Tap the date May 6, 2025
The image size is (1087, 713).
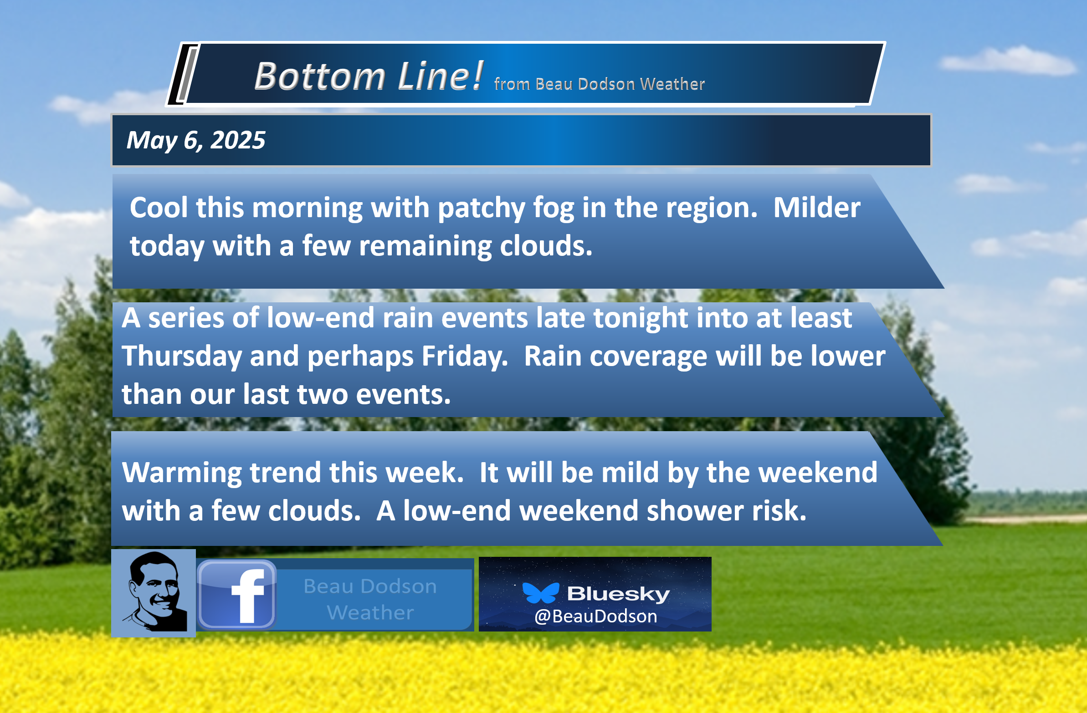point(195,140)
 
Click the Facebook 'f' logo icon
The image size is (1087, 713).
point(236,595)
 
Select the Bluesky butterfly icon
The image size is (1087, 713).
point(541,592)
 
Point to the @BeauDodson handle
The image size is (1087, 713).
point(595,616)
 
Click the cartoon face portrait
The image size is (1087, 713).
point(154,592)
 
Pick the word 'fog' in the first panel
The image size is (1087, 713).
point(553,209)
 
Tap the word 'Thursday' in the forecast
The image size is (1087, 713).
point(181,356)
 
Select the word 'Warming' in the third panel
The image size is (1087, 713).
point(181,473)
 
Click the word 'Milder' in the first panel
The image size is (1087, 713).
point(817,208)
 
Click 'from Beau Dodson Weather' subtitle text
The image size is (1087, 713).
point(599,84)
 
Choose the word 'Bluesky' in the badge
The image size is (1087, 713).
point(618,593)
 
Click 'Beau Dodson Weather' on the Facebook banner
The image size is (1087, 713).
point(370,599)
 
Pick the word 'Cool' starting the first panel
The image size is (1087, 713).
point(159,208)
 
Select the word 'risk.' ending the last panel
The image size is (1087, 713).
point(779,511)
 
